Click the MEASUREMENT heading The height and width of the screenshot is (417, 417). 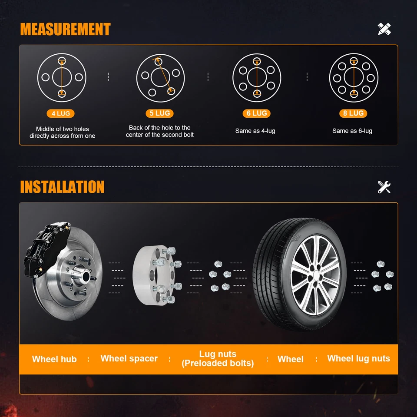(x=65, y=30)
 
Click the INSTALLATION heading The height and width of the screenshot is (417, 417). (x=62, y=187)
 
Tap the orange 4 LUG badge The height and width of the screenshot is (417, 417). (x=60, y=113)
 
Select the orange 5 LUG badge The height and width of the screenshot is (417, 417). (x=159, y=113)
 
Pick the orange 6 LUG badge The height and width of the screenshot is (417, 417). (x=256, y=113)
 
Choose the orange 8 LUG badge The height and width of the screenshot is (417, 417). (x=353, y=113)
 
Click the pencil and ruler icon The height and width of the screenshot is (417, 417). (x=384, y=29)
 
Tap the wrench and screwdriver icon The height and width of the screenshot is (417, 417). (x=384, y=187)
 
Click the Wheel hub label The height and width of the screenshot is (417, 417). (x=54, y=359)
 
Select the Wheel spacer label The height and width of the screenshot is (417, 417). (x=129, y=358)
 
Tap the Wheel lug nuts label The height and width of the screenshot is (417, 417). (x=358, y=358)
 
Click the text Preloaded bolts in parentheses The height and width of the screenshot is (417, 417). (x=218, y=363)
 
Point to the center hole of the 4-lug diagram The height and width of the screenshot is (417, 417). (x=62, y=77)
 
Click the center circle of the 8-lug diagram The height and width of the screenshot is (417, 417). (x=354, y=77)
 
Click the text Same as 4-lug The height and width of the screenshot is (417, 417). (x=255, y=131)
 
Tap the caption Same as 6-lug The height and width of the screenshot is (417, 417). (x=352, y=131)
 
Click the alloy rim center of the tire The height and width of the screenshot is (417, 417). (x=315, y=274)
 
